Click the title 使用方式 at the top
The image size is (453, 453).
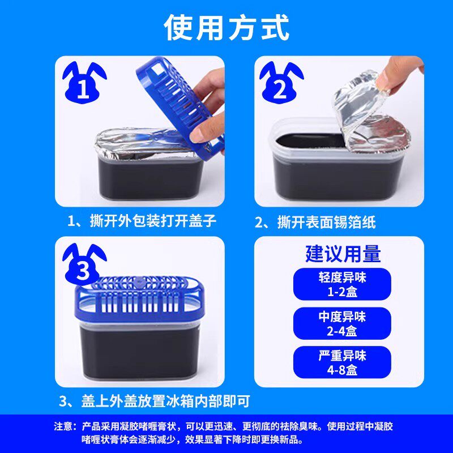[226, 27]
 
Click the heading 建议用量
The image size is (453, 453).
[343, 253]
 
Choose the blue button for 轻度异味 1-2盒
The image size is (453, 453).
[342, 284]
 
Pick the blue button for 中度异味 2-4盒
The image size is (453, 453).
[342, 323]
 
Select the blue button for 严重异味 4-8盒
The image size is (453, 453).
[342, 362]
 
